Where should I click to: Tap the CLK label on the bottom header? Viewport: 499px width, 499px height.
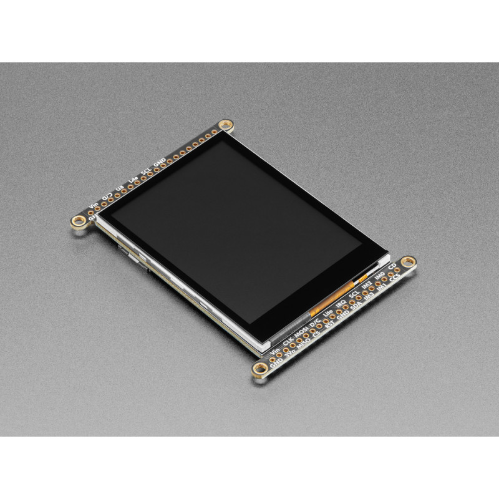pos(288,340)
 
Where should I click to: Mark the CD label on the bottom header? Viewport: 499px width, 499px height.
pos(392,265)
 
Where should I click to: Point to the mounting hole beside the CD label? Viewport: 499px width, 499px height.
pos(409,261)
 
